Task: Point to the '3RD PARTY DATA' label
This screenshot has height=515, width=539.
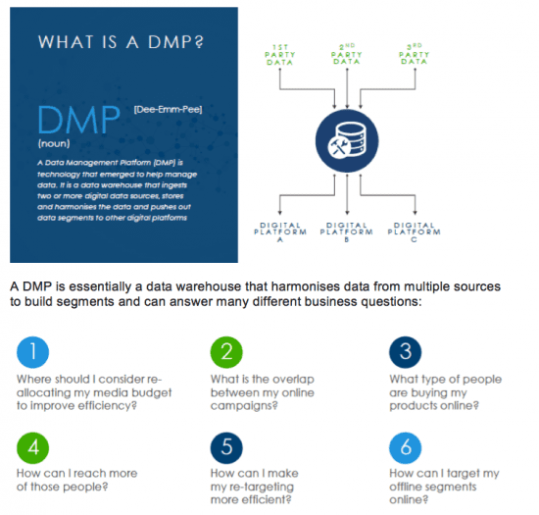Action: pyautogui.click(x=414, y=55)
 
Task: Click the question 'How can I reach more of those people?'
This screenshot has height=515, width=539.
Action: pyautogui.click(x=77, y=481)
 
